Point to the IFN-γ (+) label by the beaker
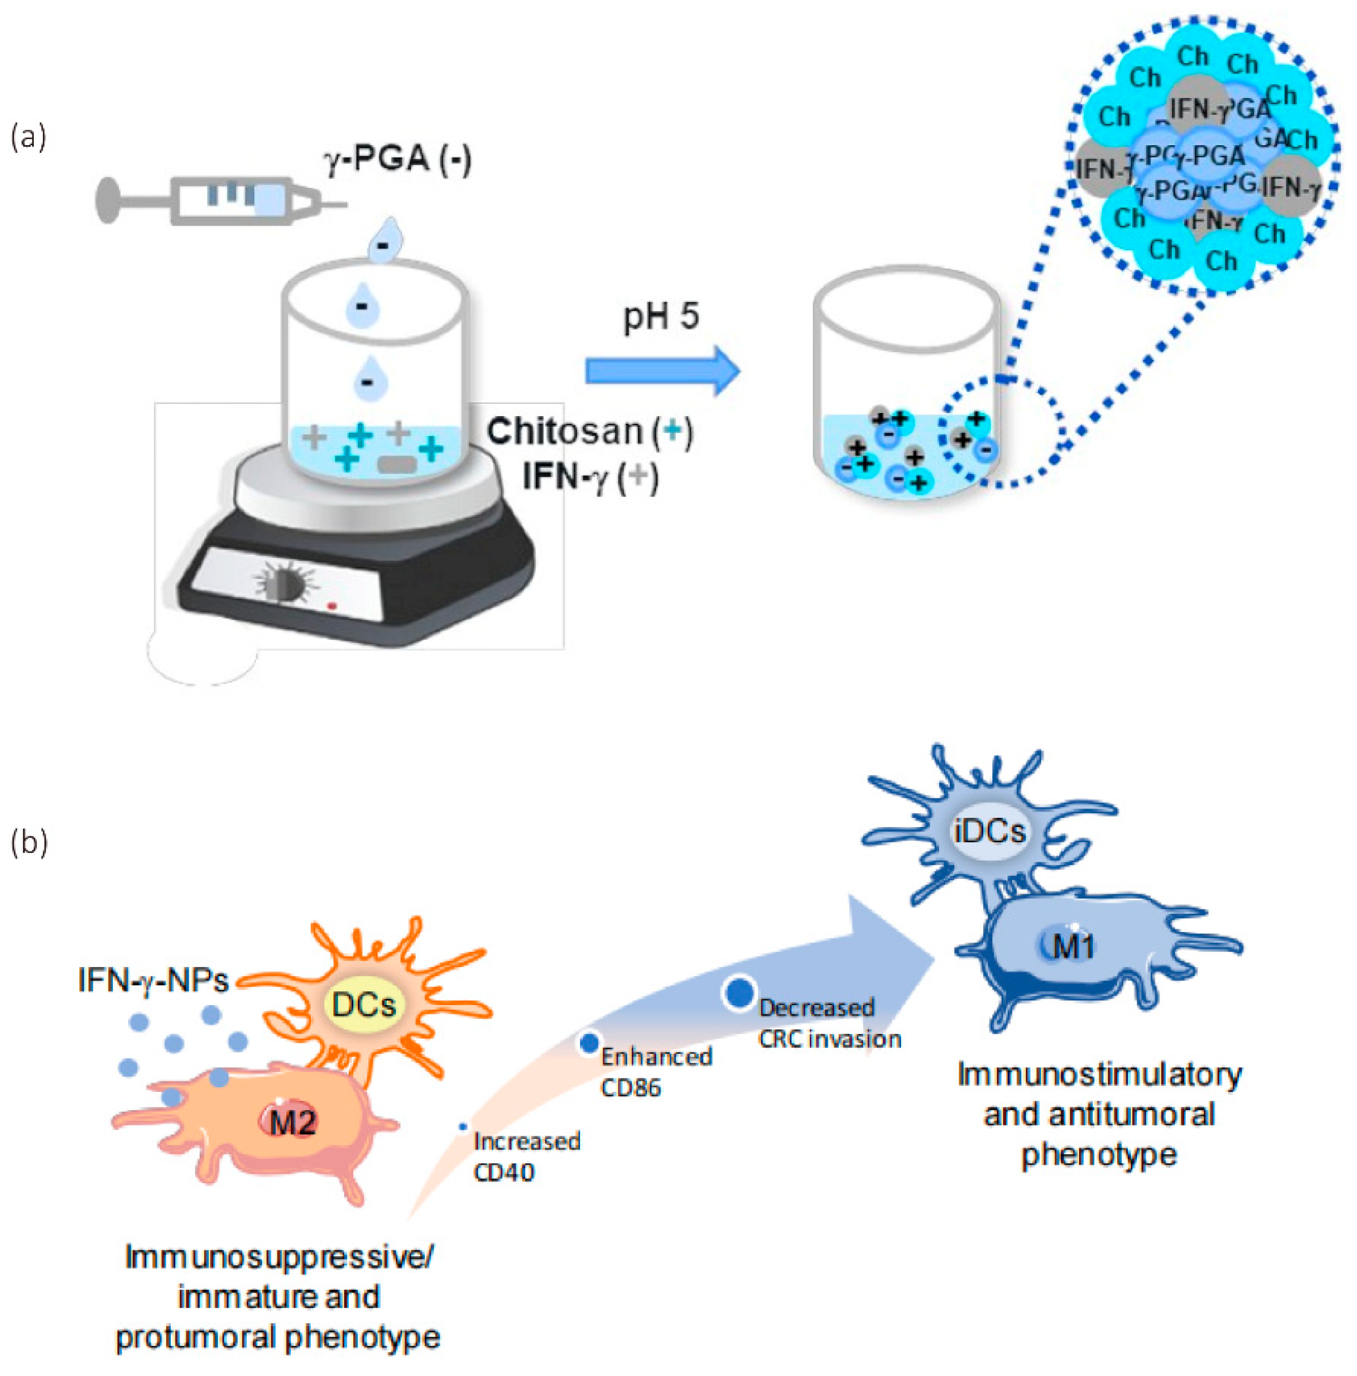589,476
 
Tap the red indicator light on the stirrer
332,606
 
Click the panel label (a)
29,137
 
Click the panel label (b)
29,842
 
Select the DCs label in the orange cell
364,1004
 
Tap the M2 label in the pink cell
293,1123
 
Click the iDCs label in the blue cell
990,831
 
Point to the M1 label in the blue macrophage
1073,947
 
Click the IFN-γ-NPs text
153,981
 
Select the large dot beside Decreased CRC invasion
740,993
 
